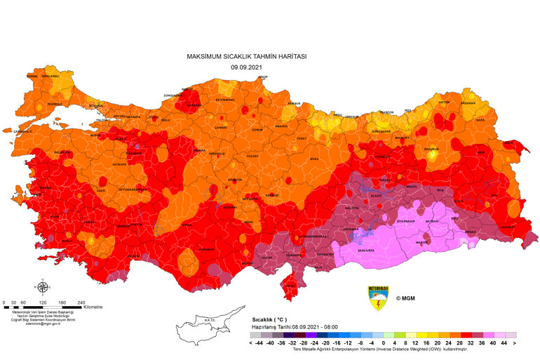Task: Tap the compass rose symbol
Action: (43, 286)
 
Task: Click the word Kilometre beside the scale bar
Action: (93, 307)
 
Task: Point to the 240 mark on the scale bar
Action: (81, 302)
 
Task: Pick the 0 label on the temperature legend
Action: (384, 343)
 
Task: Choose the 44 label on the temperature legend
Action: (504, 343)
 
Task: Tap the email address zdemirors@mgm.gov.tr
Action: (43, 324)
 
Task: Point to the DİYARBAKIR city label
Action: (407, 221)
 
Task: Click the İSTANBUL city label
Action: (95, 106)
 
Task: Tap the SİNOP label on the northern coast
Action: (262, 77)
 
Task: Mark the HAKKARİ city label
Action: (506, 227)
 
